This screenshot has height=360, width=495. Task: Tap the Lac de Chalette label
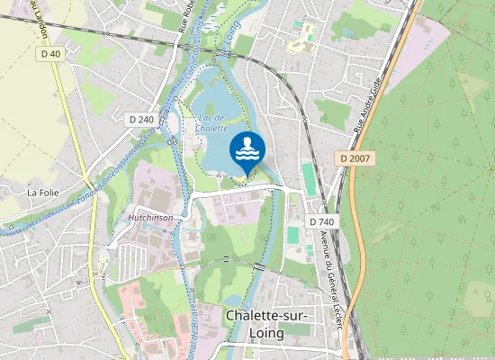(211, 123)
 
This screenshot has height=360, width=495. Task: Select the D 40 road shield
(50, 54)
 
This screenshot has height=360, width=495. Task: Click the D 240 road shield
(139, 119)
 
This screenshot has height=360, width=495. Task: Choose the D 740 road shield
(321, 221)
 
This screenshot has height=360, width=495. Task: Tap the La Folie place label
(42, 192)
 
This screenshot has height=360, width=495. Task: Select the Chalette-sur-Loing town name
(267, 324)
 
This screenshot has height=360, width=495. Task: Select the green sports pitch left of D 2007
(310, 178)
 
